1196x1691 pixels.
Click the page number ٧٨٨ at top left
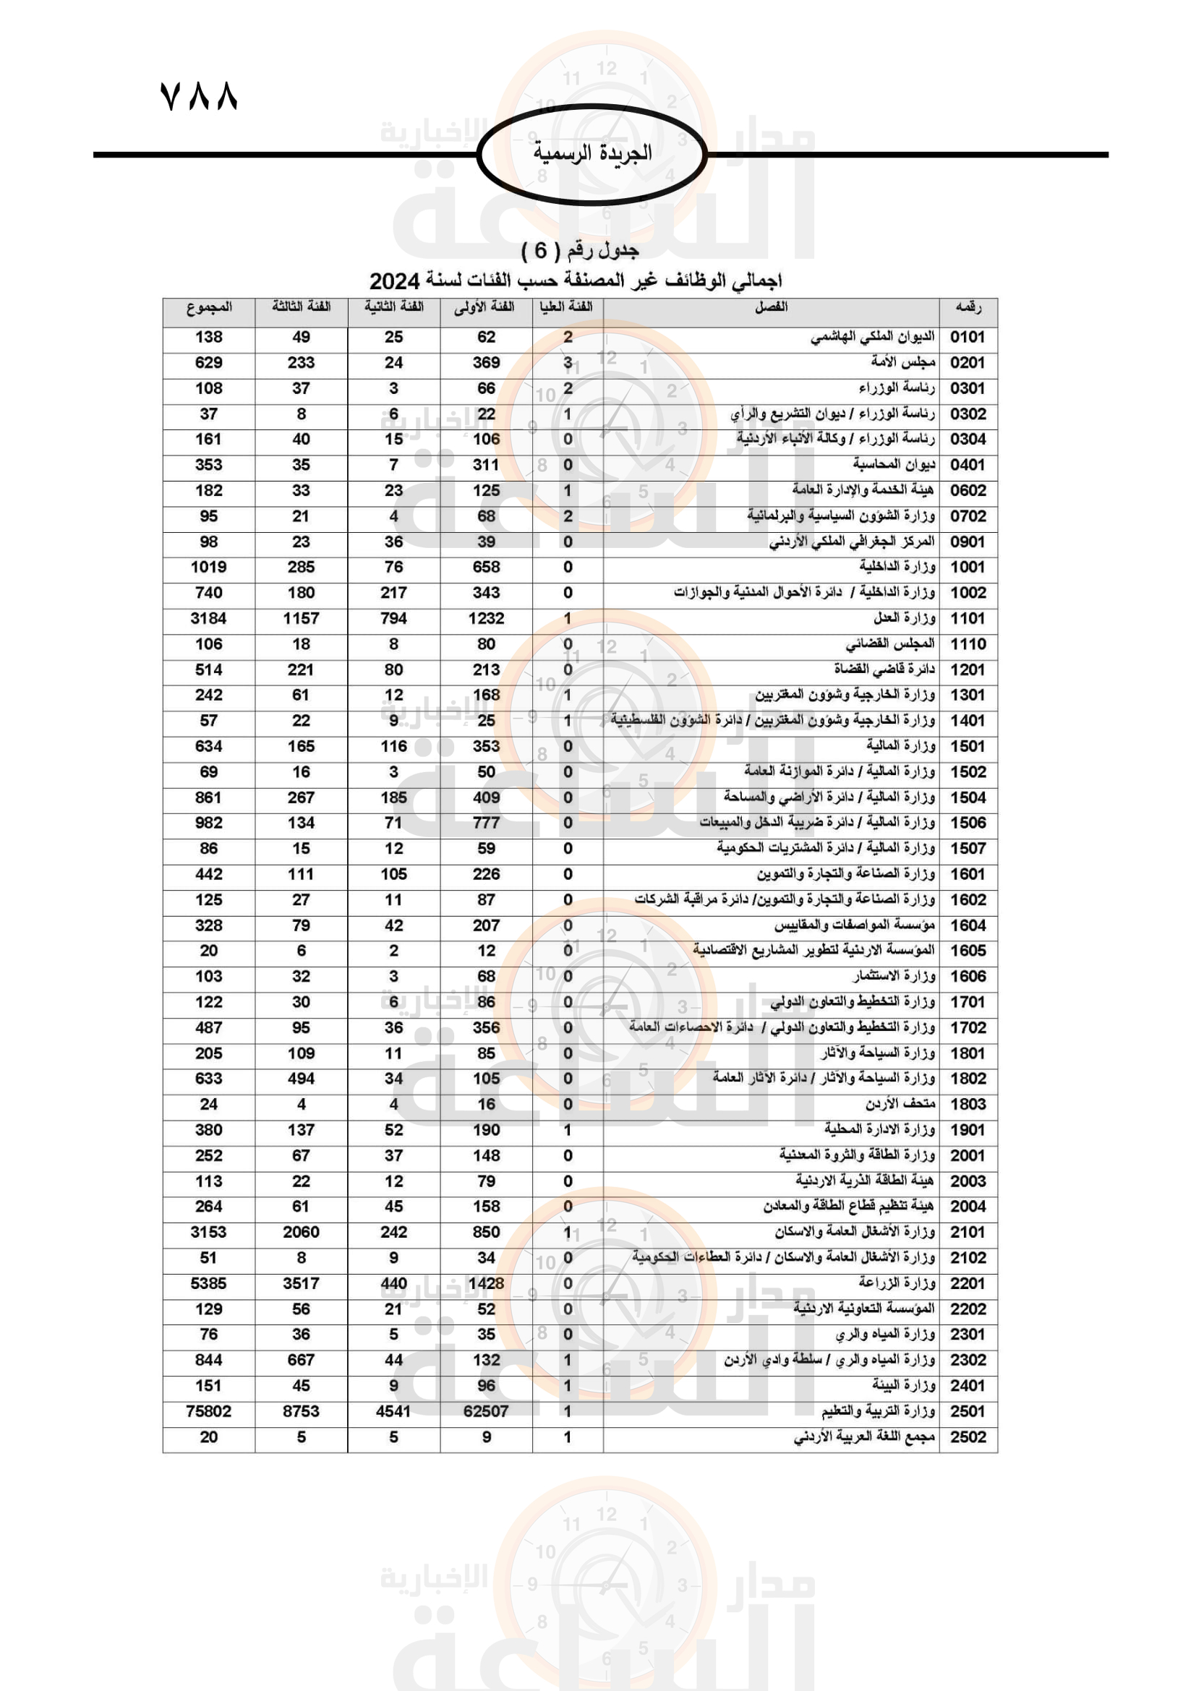(198, 96)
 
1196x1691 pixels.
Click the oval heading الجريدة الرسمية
(592, 153)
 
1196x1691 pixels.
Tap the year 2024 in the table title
(394, 281)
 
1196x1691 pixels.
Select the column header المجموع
(208, 307)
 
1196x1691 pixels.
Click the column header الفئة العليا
(566, 307)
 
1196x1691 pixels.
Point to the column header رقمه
(968, 307)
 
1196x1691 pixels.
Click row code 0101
(967, 338)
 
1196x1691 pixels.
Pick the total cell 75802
(208, 1411)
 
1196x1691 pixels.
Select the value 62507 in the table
(486, 1411)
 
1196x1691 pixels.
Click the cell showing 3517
(302, 1283)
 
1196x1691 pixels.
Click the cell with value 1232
(486, 619)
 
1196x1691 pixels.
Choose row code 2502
(967, 1437)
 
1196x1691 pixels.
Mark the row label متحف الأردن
(900, 1104)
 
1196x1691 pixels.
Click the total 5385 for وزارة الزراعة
(208, 1283)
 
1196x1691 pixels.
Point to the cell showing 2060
(302, 1232)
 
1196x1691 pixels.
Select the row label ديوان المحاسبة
(894, 465)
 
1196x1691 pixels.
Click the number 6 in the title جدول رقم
(541, 251)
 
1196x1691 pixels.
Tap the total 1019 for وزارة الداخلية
(208, 567)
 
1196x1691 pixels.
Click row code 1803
(967, 1104)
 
